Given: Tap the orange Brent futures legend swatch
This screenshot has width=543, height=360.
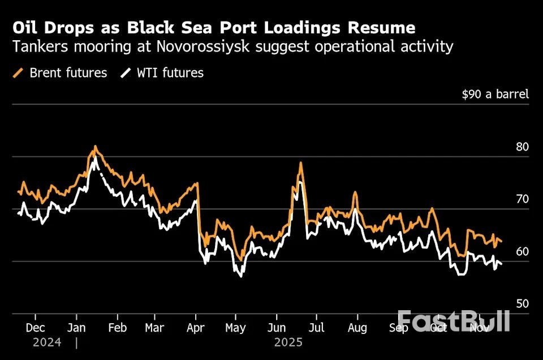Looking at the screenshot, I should [18, 73].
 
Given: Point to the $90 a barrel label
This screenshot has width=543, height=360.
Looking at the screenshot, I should [495, 94].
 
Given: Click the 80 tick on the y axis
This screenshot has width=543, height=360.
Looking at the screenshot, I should [522, 147].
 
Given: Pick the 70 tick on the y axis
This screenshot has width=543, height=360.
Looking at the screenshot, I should [522, 199].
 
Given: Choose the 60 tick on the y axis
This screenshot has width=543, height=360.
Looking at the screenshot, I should [522, 251].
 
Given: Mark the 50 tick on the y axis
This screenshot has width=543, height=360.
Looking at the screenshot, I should [522, 303].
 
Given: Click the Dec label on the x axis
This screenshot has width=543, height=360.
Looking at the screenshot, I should [35, 328].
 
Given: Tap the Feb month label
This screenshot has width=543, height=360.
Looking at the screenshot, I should [118, 328].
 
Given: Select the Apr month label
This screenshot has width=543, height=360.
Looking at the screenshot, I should [196, 328].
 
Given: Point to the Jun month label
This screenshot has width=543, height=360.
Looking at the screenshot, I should [277, 328].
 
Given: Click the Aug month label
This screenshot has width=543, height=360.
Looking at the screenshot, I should [357, 328].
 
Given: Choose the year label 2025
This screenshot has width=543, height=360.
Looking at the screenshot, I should [288, 342].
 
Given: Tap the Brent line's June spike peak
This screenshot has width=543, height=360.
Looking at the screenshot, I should [300, 163].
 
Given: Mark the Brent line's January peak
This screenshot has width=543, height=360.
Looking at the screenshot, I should [95, 147].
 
